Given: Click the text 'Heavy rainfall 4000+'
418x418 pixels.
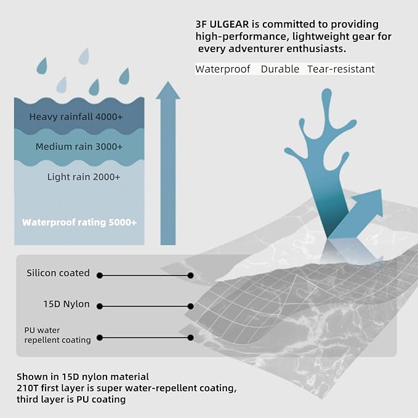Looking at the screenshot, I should click(77, 116).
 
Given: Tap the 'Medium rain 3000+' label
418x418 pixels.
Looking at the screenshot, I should click(79, 147).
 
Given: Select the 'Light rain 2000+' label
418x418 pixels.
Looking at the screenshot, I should click(84, 177).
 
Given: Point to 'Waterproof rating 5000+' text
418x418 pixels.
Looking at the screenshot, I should click(79, 222).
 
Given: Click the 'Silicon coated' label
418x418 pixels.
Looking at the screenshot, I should click(58, 273).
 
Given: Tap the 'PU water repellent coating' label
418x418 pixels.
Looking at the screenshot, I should click(57, 335).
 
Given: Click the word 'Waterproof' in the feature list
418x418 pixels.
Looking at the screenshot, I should click(222, 69).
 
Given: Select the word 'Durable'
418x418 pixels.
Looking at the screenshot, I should click(280, 69).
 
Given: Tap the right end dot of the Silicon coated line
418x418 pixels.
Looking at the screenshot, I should click(191, 275).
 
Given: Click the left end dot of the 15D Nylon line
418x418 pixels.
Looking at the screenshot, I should click(98, 305).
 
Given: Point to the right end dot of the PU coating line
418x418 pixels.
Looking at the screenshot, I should click(191, 337).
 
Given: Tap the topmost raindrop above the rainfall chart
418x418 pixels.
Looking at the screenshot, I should click(83, 56).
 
